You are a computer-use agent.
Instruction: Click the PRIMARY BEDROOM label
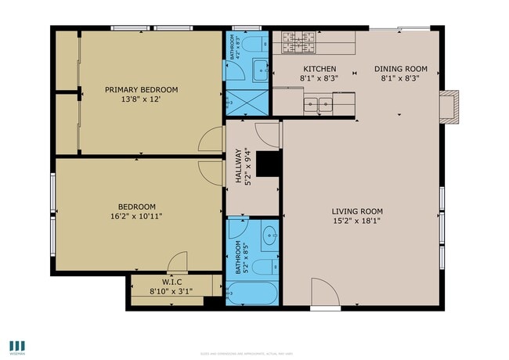(x=141, y=90)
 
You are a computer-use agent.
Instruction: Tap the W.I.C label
(x=171, y=282)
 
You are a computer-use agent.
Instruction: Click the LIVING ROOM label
(x=356, y=211)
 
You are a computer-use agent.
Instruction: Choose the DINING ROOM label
(x=399, y=69)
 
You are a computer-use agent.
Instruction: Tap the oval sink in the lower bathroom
(x=269, y=236)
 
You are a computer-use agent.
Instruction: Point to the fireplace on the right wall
(x=448, y=107)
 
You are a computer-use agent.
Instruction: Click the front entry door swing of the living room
(x=324, y=293)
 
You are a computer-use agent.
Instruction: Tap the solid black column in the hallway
(x=269, y=164)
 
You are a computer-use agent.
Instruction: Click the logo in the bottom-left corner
(x=17, y=345)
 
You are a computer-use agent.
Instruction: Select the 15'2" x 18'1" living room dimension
(x=356, y=221)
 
